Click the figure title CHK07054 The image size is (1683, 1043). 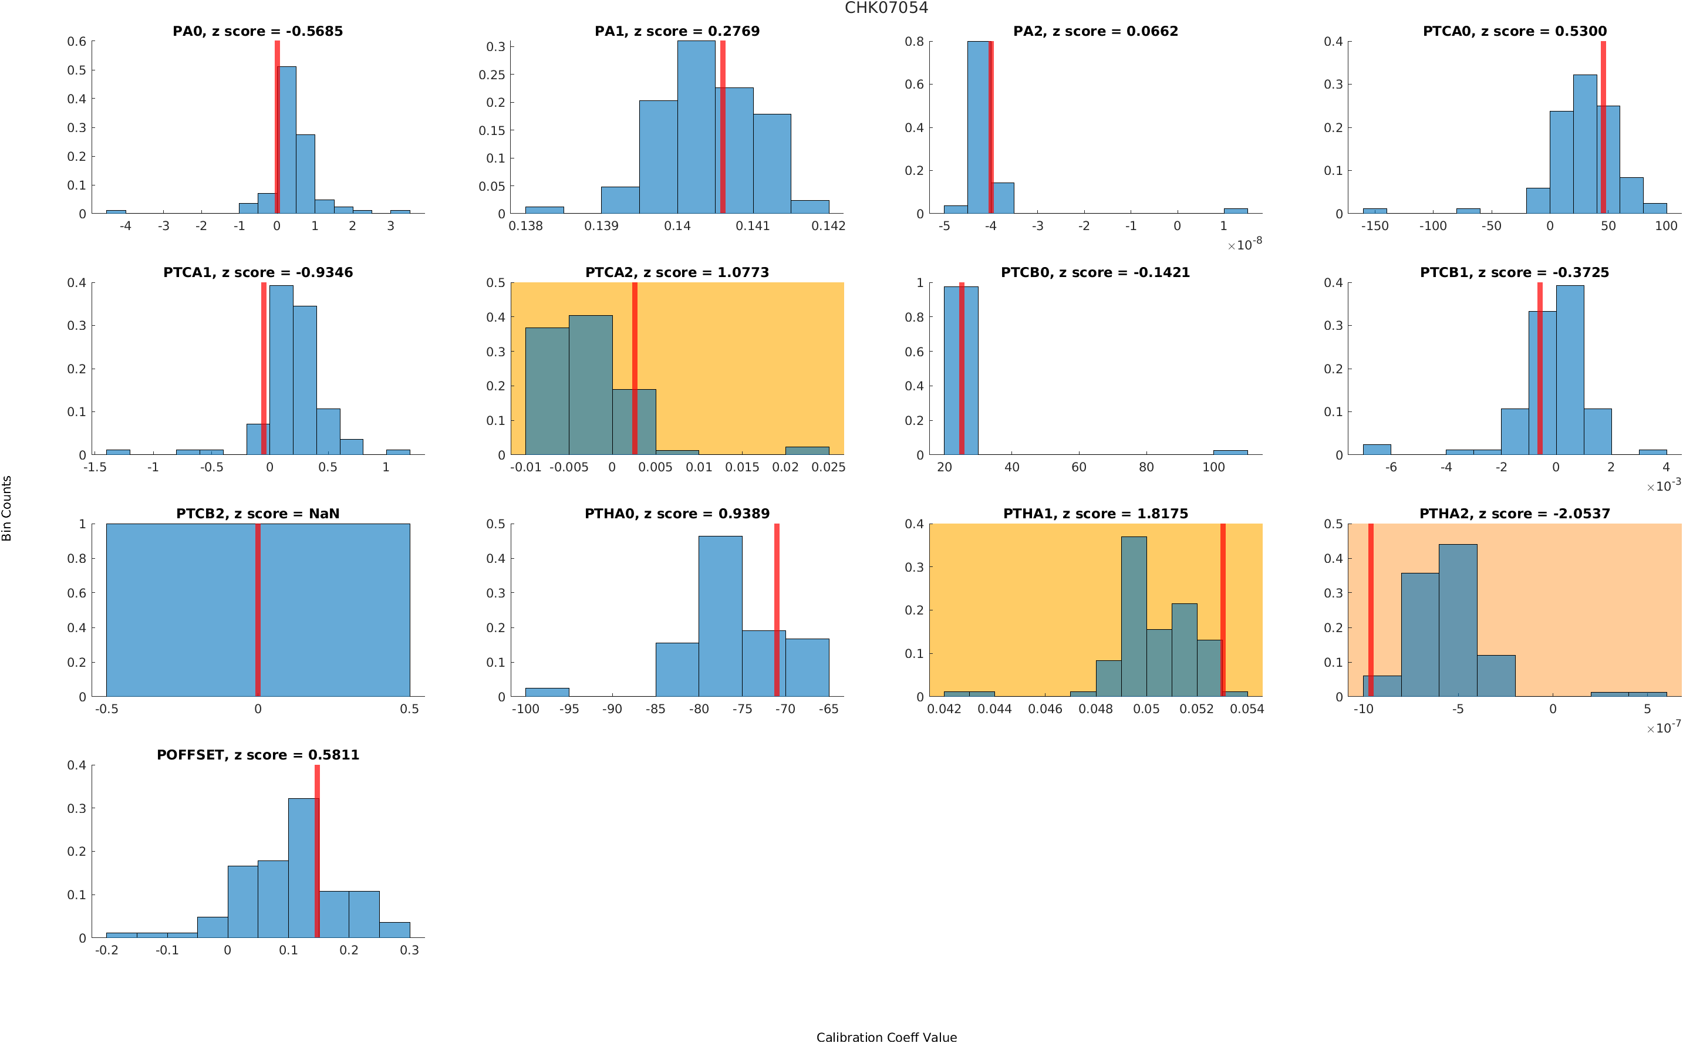(886, 8)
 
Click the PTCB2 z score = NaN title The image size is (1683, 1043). (257, 514)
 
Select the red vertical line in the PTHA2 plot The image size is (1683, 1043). (1371, 610)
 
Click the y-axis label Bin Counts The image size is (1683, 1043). (7, 508)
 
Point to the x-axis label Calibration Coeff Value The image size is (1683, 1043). (886, 1037)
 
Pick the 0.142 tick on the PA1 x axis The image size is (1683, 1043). (828, 226)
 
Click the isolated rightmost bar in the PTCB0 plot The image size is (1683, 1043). (1230, 453)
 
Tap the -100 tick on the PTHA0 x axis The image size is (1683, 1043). (525, 709)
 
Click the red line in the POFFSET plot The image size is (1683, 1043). (316, 851)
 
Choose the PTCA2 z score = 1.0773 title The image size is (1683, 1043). (677, 272)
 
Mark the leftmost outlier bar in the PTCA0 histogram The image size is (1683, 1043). (1374, 210)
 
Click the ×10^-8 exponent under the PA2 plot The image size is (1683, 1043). (1244, 244)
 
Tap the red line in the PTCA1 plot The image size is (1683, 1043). (264, 369)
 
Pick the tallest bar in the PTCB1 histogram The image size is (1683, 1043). (1569, 370)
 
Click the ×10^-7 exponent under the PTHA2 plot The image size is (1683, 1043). (1663, 727)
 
